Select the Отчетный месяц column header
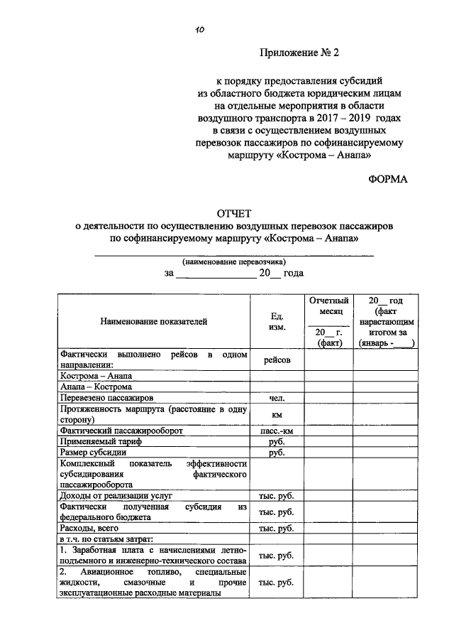click(x=326, y=306)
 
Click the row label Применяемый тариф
click(x=101, y=441)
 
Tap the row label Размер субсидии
click(x=94, y=452)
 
